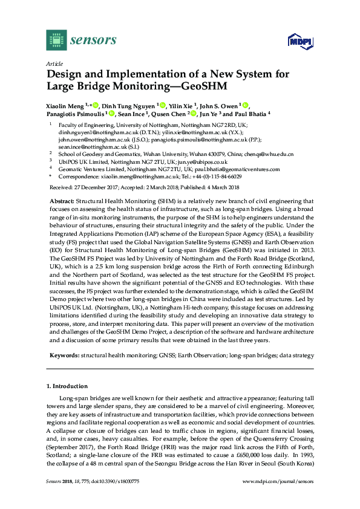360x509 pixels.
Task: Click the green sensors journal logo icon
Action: (x=56, y=41)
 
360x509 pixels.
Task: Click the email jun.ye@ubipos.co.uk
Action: (x=204, y=161)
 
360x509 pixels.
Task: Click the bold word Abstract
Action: (x=62, y=201)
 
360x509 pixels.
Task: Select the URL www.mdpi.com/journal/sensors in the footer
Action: (x=278, y=481)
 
